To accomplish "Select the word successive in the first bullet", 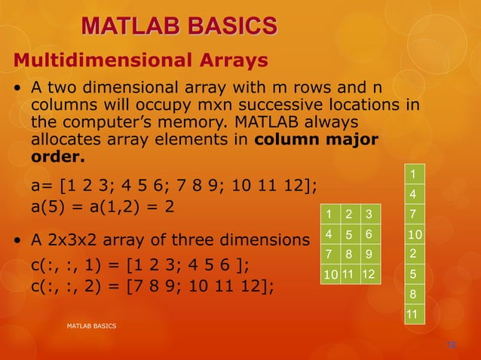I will pyautogui.click(x=279, y=105).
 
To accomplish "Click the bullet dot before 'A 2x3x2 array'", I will pyautogui.click(x=17, y=242).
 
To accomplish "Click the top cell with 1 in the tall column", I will pyautogui.click(x=412, y=175).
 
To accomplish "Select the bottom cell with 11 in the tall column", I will pyautogui.click(x=412, y=313).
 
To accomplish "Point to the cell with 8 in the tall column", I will pyautogui.click(x=412, y=293).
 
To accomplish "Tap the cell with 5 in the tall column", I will pyautogui.click(x=412, y=273).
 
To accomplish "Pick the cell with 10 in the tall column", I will pyautogui.click(x=412, y=234).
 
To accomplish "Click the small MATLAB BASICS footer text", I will pyautogui.click(x=91, y=326).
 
